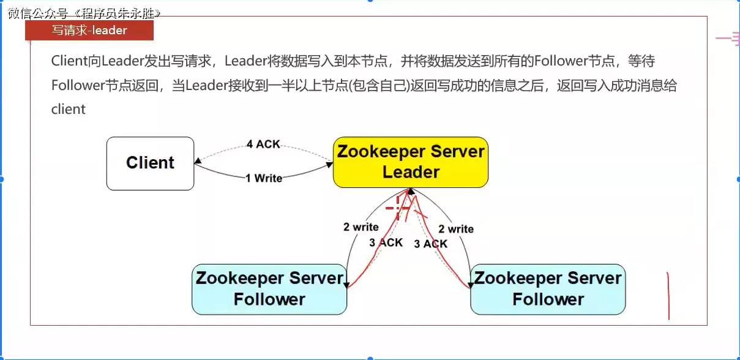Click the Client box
[150, 163]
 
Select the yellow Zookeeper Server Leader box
[410, 162]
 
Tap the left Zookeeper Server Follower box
[269, 289]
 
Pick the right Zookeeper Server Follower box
[548, 289]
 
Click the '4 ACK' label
[263, 144]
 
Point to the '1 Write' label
[264, 178]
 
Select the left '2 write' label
[361, 227]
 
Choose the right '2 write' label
[456, 229]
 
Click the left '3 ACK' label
[386, 242]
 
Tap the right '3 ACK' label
[431, 244]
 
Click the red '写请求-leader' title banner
[89, 30]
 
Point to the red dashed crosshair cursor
[398, 208]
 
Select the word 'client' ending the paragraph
[69, 110]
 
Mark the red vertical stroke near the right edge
[668, 296]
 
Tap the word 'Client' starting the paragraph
[69, 61]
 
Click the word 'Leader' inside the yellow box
[411, 172]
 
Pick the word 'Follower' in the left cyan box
[269, 299]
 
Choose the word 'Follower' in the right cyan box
[548, 299]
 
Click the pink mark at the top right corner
[728, 39]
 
